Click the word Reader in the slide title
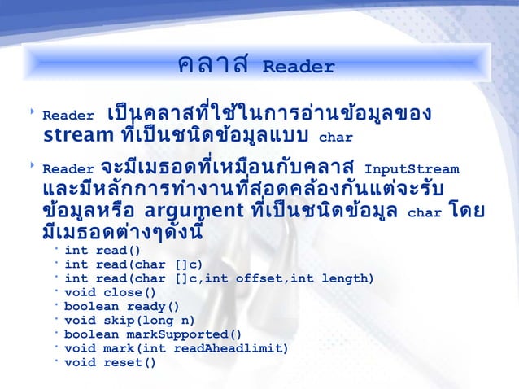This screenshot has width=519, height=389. [299, 67]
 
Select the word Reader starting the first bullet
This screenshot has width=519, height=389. [69, 116]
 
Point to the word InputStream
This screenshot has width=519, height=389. [412, 170]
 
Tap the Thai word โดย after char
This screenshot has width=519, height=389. [466, 212]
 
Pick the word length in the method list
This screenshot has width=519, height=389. [348, 279]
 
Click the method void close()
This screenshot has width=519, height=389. [110, 293]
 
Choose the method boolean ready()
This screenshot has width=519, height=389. [121, 307]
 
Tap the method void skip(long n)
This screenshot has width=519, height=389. [129, 321]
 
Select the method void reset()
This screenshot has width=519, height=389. [110, 362]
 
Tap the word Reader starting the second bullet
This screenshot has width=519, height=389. [69, 170]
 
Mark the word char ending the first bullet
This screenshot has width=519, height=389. [337, 137]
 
